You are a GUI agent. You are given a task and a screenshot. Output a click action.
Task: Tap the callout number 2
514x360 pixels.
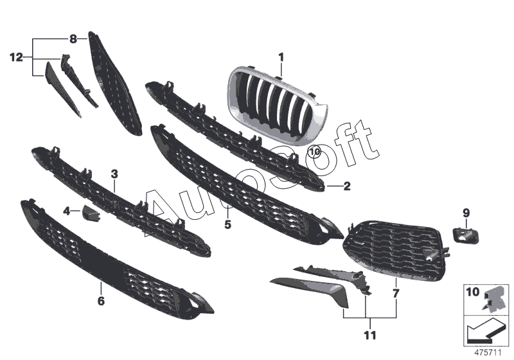pos(346,187)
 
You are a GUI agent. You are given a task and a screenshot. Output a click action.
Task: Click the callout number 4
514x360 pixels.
pos(66,210)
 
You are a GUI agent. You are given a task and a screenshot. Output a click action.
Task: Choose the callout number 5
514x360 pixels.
pos(227,224)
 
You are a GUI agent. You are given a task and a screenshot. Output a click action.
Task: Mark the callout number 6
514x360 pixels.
pos(101,300)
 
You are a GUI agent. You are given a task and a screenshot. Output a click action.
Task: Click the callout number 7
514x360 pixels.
pos(396,293)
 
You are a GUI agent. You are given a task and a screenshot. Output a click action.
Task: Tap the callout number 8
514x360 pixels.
pos(73,39)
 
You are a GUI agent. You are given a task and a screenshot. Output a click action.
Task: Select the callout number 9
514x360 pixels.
pos(466,212)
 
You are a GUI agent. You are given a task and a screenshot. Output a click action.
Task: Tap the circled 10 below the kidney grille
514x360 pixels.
pos(314,152)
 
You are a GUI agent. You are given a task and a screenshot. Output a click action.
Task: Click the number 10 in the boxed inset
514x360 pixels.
pos(473,293)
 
